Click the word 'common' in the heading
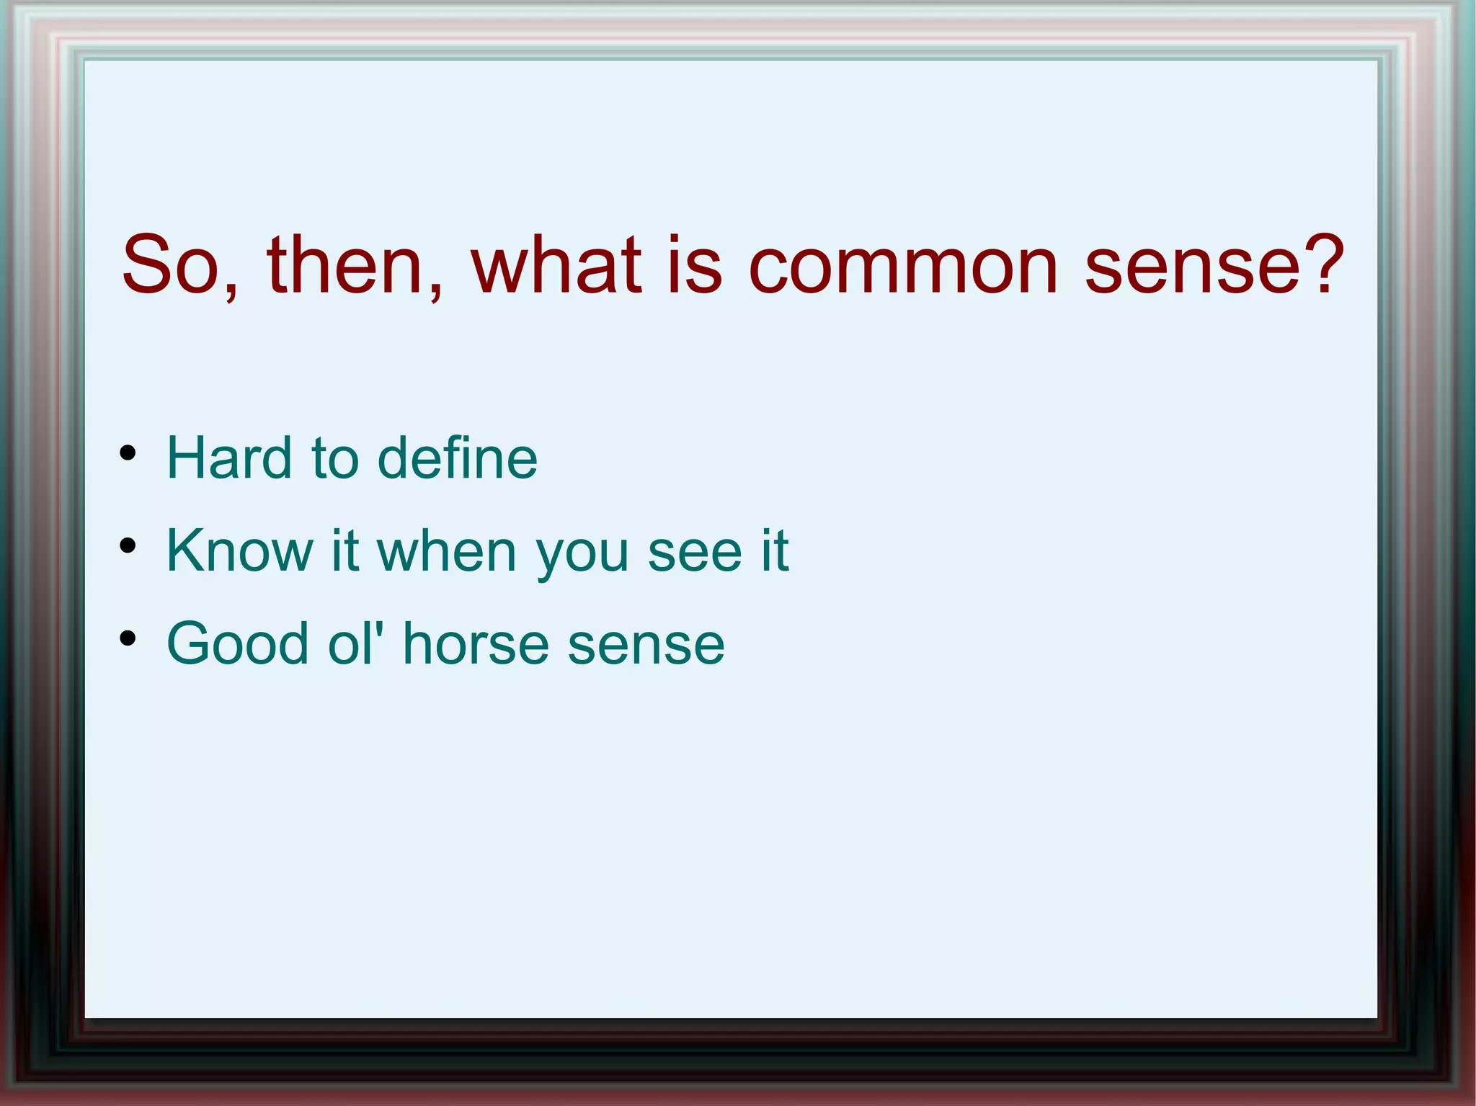pyautogui.click(x=903, y=267)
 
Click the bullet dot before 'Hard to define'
pyautogui.click(x=128, y=453)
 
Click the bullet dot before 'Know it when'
pyautogui.click(x=128, y=545)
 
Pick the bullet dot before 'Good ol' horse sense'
pyautogui.click(x=128, y=638)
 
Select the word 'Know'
pyautogui.click(x=239, y=551)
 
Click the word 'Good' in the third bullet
pyautogui.click(x=238, y=643)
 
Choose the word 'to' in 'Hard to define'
pyautogui.click(x=335, y=460)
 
